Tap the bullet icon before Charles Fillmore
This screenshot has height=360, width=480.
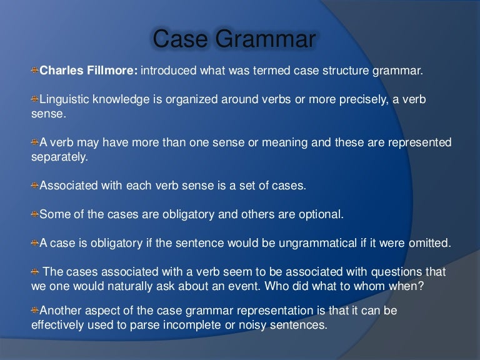pyautogui.click(x=35, y=71)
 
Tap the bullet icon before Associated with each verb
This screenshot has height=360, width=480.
pyautogui.click(x=35, y=186)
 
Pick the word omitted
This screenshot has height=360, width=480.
pyautogui.click(x=428, y=243)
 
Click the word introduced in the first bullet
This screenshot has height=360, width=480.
pyautogui.click(x=168, y=71)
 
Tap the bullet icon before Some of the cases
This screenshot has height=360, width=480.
pyautogui.click(x=35, y=214)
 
